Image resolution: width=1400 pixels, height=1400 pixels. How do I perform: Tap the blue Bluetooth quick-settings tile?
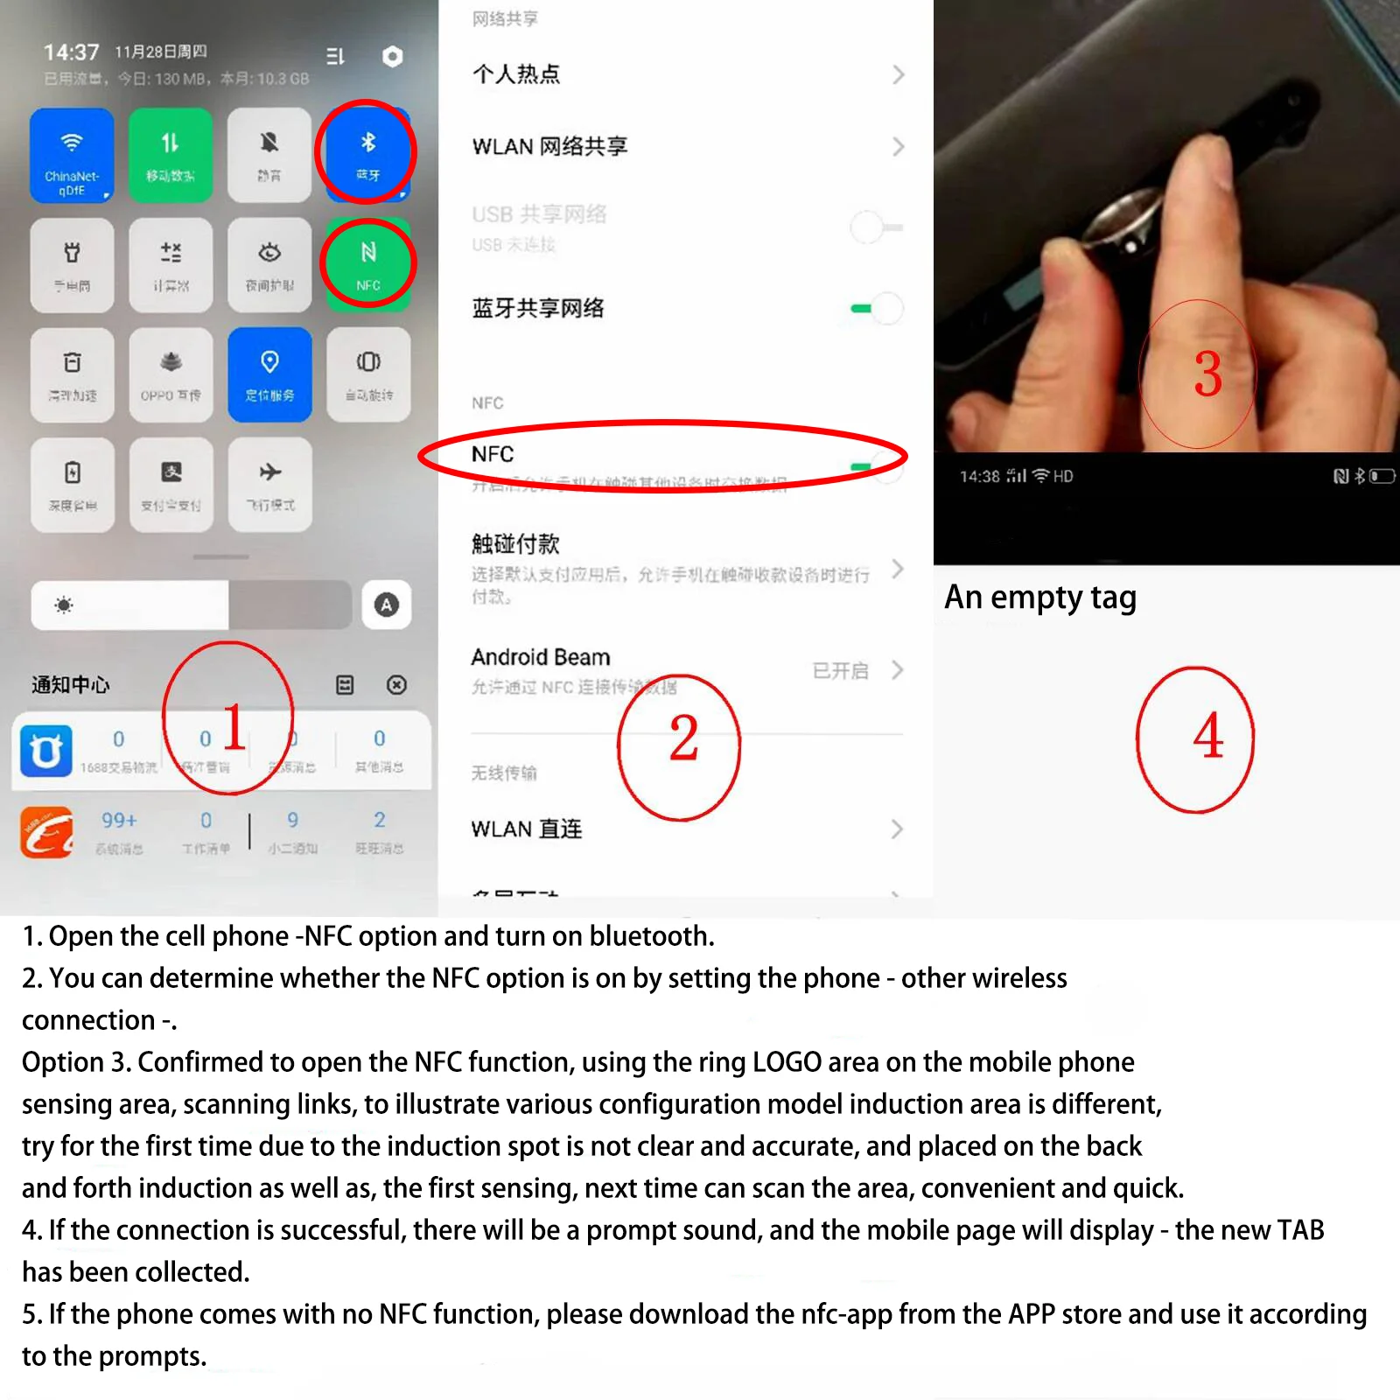tap(367, 153)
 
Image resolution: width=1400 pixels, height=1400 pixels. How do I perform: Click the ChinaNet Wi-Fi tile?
tap(72, 155)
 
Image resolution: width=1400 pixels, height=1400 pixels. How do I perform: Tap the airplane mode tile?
tap(269, 484)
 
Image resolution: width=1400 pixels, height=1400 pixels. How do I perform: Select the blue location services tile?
tap(269, 374)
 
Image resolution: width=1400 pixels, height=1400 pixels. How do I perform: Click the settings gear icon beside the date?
tap(393, 57)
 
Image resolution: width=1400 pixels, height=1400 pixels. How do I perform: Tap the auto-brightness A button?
tap(386, 605)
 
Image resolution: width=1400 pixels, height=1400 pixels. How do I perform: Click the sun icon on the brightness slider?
tap(64, 605)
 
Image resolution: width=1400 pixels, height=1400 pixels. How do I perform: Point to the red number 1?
tap(233, 726)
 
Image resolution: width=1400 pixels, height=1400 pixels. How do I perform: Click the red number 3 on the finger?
tap(1207, 374)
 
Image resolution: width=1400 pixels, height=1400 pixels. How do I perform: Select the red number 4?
tap(1207, 737)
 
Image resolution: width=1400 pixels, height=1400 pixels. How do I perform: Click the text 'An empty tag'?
tap(1039, 598)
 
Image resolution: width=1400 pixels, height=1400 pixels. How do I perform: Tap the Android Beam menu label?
tap(540, 657)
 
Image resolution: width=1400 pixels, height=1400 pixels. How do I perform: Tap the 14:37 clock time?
tap(72, 52)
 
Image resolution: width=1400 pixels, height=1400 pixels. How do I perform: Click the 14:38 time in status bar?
tap(979, 477)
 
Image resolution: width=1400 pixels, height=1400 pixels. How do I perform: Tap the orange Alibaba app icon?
tap(46, 832)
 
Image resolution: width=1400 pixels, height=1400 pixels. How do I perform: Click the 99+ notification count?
tap(119, 821)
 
